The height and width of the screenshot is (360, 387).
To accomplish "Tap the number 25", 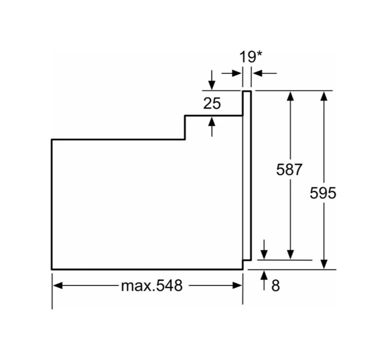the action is (212, 103).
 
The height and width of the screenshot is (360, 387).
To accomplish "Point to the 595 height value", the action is (323, 193).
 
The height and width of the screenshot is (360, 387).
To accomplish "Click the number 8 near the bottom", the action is (276, 286).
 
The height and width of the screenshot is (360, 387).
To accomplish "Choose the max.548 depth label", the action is (152, 285).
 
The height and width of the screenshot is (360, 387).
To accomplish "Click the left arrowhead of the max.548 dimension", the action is (58, 286).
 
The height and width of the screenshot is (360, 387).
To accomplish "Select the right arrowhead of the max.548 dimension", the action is (237, 286).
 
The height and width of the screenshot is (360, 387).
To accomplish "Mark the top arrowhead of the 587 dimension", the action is (290, 96).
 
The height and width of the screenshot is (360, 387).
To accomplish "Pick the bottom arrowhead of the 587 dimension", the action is (290, 255).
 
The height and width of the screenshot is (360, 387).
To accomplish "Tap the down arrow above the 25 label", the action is (212, 80).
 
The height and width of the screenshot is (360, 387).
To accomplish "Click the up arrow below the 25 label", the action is (212, 126).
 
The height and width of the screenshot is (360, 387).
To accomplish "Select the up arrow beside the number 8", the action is (264, 280).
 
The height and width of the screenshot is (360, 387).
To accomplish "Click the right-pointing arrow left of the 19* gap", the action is (232, 73).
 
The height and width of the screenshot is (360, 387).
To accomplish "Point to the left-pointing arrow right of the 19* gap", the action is (265, 73).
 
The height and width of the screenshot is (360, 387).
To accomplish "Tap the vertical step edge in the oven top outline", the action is (185, 127).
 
